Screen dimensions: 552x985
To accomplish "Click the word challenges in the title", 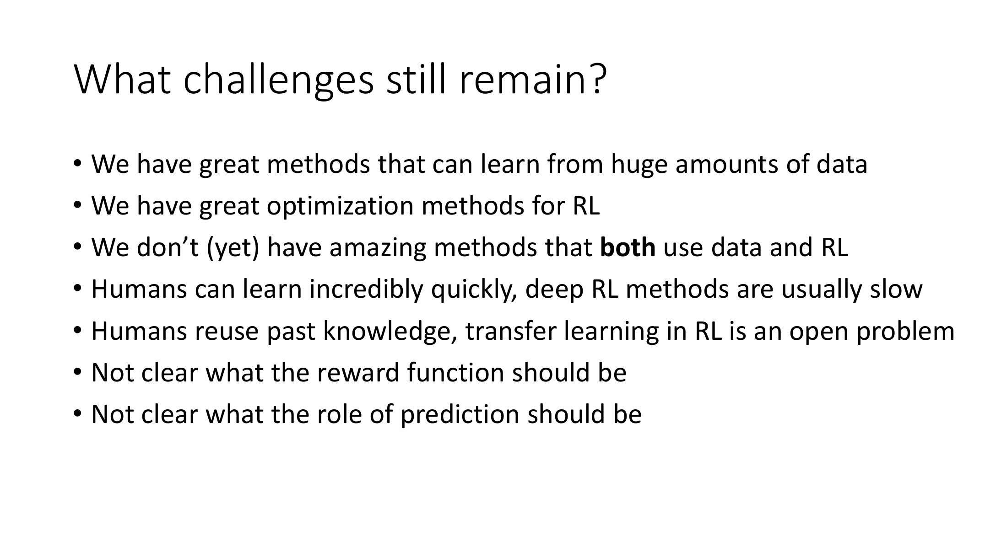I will [x=278, y=80].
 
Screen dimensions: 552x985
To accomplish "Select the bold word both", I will [x=627, y=247].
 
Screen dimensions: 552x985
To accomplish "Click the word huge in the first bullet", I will [x=639, y=165].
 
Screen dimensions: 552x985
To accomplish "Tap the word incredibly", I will [x=366, y=290].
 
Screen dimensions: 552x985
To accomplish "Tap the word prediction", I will [x=460, y=415].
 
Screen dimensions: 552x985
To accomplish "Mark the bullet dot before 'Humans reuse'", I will [x=77, y=330].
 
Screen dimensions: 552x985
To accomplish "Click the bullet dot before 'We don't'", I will [x=77, y=247].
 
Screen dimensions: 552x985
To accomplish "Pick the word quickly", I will [x=474, y=290].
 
